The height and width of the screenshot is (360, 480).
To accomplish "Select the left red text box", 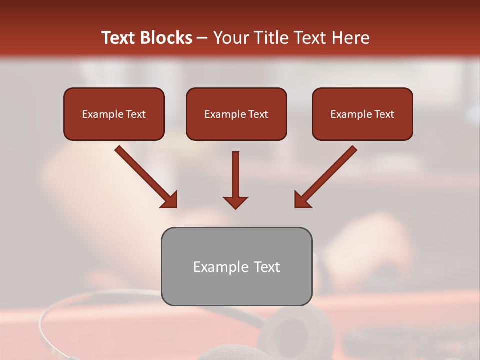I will pos(114,114).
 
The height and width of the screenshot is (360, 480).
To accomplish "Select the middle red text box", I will pos(236,114).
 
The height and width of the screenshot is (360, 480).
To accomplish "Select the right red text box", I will pos(362,114).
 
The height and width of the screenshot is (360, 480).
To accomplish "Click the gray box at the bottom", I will pos(236,266).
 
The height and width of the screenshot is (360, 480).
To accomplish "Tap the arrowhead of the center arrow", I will pos(235,202).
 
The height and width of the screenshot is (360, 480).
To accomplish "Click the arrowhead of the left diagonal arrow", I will pos(170,200).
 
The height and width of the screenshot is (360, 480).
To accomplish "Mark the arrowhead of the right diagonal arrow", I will pos(302,200).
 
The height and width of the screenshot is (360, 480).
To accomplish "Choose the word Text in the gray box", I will pos(267,267).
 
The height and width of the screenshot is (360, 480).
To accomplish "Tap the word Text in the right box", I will pos(384,114).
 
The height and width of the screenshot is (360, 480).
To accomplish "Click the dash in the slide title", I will pos(202,38).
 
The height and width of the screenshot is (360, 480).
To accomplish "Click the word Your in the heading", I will pos(230,38).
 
